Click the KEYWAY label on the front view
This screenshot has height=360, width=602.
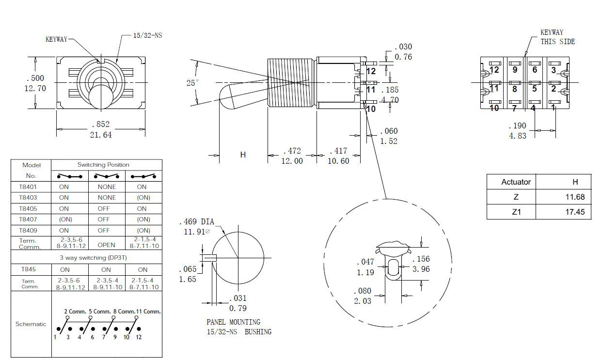pyautogui.click(x=56, y=39)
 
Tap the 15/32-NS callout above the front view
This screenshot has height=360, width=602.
pyautogui.click(x=147, y=36)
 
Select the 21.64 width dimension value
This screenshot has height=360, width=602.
pyautogui.click(x=100, y=135)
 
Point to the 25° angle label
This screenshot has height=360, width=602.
pyautogui.click(x=192, y=83)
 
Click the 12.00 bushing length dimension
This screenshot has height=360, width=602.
pyautogui.click(x=292, y=161)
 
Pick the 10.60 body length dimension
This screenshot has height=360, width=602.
pyautogui.click(x=338, y=161)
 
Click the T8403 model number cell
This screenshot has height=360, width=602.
pyautogui.click(x=28, y=198)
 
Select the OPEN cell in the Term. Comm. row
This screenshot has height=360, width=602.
pyautogui.click(x=106, y=245)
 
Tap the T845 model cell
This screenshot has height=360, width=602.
pyautogui.click(x=28, y=269)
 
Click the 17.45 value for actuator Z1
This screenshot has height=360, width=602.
pyautogui.click(x=575, y=212)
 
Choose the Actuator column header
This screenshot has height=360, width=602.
pyautogui.click(x=516, y=182)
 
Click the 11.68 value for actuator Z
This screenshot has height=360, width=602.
pyautogui.click(x=575, y=197)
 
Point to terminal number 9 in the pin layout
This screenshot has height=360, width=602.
pyautogui.click(x=515, y=70)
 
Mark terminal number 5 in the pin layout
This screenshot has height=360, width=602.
pyautogui.click(x=535, y=89)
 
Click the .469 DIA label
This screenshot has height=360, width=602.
pyautogui.click(x=196, y=222)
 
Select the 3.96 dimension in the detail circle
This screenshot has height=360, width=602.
pyautogui.click(x=421, y=269)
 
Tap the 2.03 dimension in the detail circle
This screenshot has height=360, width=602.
pyautogui.click(x=363, y=301)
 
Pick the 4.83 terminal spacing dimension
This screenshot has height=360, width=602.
pyautogui.click(x=517, y=136)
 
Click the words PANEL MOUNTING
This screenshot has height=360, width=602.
pyautogui.click(x=233, y=322)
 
